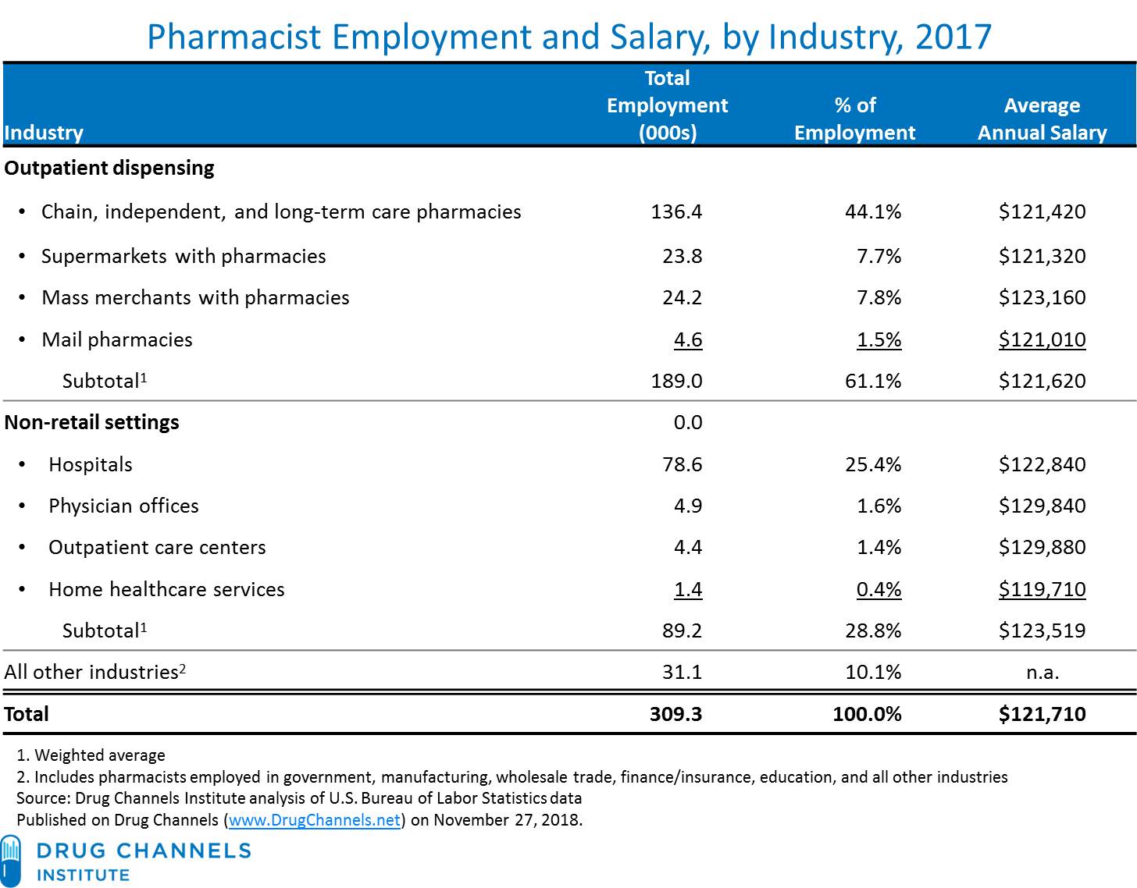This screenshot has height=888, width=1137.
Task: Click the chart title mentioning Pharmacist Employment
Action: [568, 37]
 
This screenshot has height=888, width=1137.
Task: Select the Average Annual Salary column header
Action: [1042, 119]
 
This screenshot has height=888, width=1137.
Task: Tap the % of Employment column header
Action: [854, 119]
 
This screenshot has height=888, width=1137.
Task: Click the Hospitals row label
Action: [91, 464]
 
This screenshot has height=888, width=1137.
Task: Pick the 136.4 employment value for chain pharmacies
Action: [676, 211]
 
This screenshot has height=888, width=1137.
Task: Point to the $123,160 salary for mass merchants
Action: [1042, 297]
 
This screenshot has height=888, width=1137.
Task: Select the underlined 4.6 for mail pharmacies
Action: [687, 339]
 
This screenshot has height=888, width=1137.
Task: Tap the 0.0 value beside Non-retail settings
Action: [687, 422]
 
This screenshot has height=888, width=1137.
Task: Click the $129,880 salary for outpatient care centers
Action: [1042, 547]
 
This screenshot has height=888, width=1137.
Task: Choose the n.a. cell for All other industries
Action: [1042, 672]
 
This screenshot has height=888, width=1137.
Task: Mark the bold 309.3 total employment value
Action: [675, 714]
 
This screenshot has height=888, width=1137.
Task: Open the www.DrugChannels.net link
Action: [315, 820]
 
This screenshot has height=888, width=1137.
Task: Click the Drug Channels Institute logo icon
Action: [11, 860]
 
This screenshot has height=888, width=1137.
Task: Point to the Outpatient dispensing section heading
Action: [109, 168]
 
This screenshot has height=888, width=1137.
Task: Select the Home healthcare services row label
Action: [166, 589]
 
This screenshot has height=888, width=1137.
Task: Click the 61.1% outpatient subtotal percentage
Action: [872, 381]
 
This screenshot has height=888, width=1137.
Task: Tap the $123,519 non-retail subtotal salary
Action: [1042, 630]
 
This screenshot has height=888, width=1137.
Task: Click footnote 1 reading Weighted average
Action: [91, 755]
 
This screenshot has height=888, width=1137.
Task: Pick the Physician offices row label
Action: [123, 506]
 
